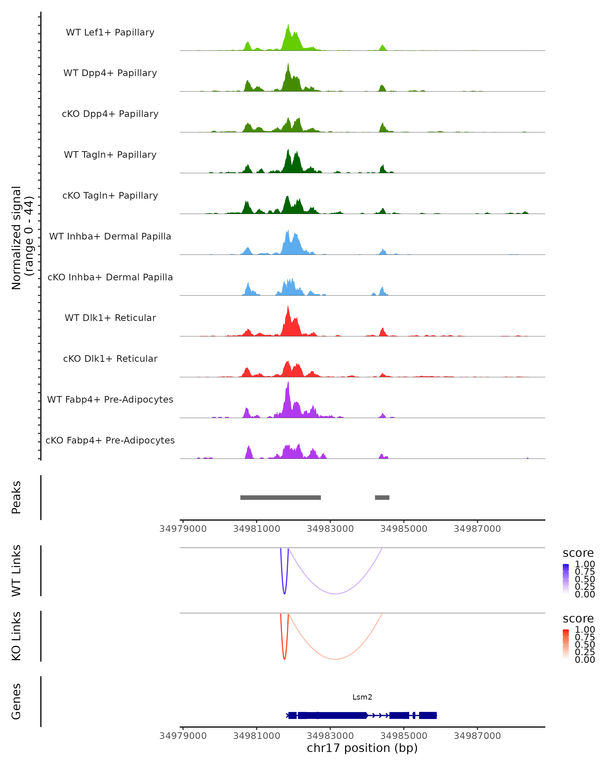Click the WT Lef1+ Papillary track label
110,32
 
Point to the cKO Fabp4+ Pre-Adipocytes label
110,440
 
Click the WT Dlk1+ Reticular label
110,318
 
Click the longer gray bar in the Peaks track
280,497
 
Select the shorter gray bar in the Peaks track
382,497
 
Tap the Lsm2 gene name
362,697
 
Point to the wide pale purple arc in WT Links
335,593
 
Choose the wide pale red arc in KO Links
335,659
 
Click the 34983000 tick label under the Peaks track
330,529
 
